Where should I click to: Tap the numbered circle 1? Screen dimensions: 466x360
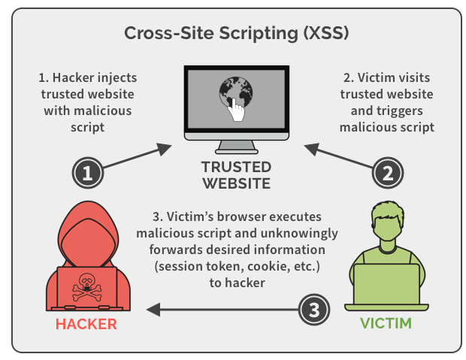(88, 174)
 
